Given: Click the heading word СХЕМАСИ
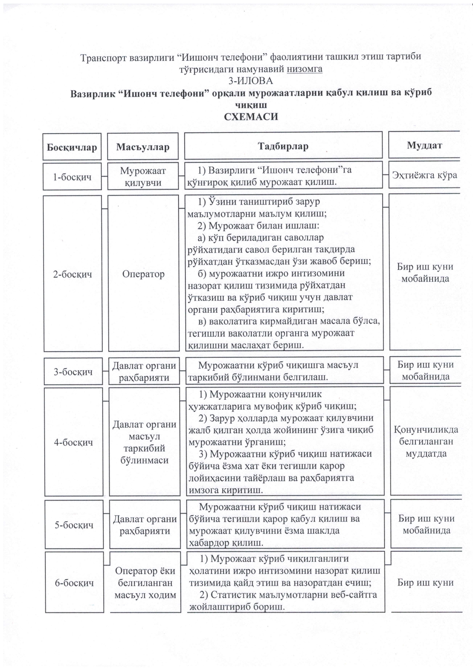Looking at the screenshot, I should click(251, 116).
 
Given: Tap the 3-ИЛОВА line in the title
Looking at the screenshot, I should click(251, 81).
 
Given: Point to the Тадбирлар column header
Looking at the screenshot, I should click(283, 146).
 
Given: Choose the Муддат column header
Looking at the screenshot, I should click(424, 145).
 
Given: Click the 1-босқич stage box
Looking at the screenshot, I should click(72, 177).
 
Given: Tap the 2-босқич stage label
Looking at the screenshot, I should click(73, 274).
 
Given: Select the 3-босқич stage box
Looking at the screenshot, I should click(73, 371).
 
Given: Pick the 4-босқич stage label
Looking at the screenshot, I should click(74, 442).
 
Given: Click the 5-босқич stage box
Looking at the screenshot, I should click(74, 525).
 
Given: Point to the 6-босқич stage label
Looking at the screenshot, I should click(74, 583).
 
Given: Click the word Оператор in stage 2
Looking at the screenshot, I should click(143, 274).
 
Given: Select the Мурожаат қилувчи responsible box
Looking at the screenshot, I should click(143, 176).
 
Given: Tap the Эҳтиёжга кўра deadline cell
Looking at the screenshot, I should click(425, 175).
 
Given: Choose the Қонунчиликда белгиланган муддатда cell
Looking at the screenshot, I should click(426, 442).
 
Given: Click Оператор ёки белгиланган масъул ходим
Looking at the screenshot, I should click(145, 583).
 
